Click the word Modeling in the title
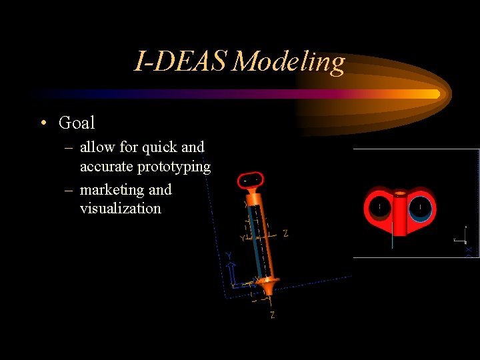point(289,62)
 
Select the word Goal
point(77,123)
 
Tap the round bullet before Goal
point(43,123)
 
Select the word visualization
point(120,209)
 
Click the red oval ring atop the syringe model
point(253,179)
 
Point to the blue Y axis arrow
point(230,269)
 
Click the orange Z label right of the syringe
point(285,233)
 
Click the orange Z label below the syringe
point(272,315)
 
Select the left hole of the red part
point(379,207)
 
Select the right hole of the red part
point(420,207)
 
